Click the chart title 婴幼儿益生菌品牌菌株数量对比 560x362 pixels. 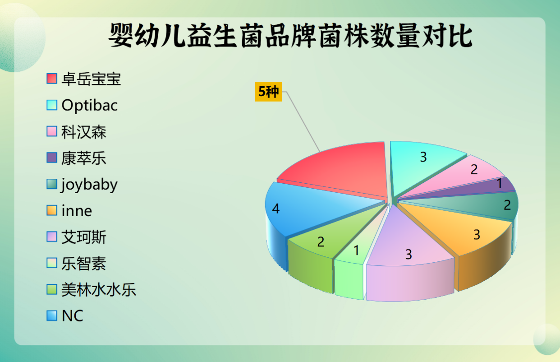click(290, 37)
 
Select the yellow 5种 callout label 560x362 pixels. click(268, 92)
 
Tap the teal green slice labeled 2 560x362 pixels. click(500, 205)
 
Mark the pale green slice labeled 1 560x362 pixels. click(356, 251)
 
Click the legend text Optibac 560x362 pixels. click(89, 105)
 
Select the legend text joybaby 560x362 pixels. click(89, 185)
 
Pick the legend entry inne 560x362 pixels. click(77, 211)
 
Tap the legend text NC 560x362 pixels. click(72, 316)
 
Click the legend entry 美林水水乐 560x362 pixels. click(98, 289)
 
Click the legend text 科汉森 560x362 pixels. click(84, 132)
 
